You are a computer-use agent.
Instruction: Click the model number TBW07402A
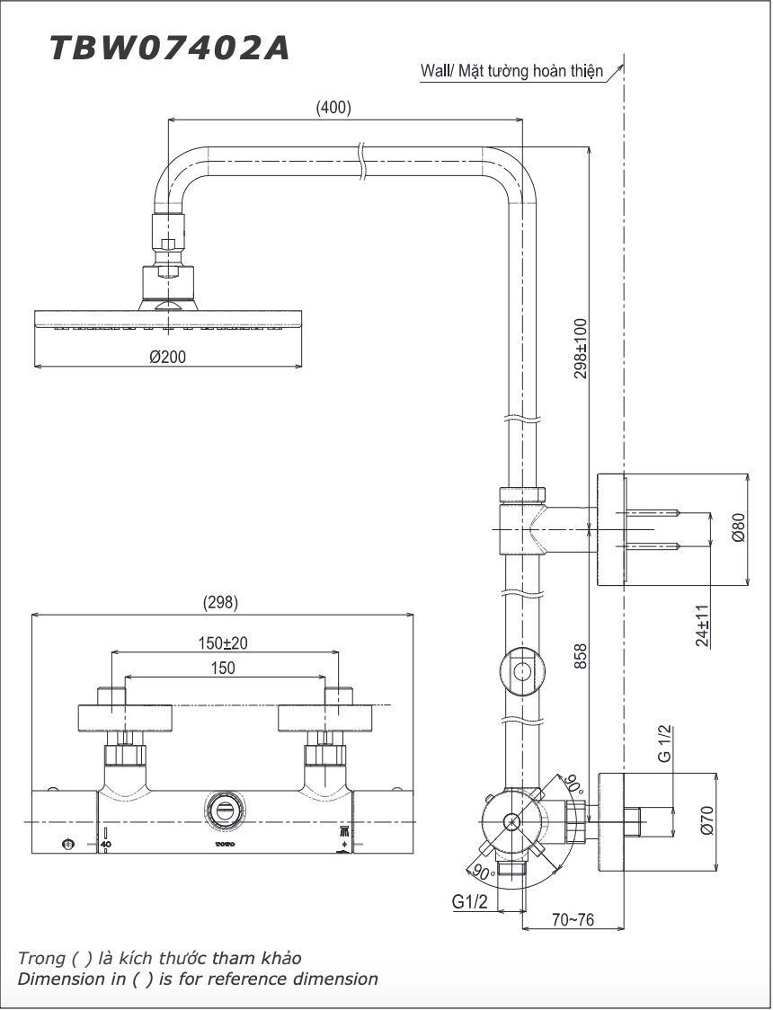click(x=169, y=48)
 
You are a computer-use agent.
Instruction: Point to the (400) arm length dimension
click(x=333, y=107)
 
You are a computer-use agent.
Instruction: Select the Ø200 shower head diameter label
click(x=168, y=357)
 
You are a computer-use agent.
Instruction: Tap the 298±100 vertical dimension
click(x=581, y=348)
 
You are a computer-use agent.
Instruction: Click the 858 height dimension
click(x=581, y=655)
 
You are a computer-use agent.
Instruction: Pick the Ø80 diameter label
click(x=738, y=527)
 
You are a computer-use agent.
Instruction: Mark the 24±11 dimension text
click(x=703, y=625)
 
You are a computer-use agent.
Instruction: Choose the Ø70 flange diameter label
click(x=706, y=820)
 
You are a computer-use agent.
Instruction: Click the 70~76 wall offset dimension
click(x=573, y=920)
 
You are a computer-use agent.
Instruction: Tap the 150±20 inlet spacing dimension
click(x=223, y=642)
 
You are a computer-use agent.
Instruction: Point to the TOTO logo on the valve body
click(x=224, y=845)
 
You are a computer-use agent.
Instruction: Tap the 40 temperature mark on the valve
click(x=105, y=845)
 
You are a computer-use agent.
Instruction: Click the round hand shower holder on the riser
click(x=520, y=671)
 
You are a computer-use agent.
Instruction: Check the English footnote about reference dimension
click(x=198, y=979)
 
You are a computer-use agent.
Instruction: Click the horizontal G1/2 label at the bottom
click(x=469, y=901)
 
